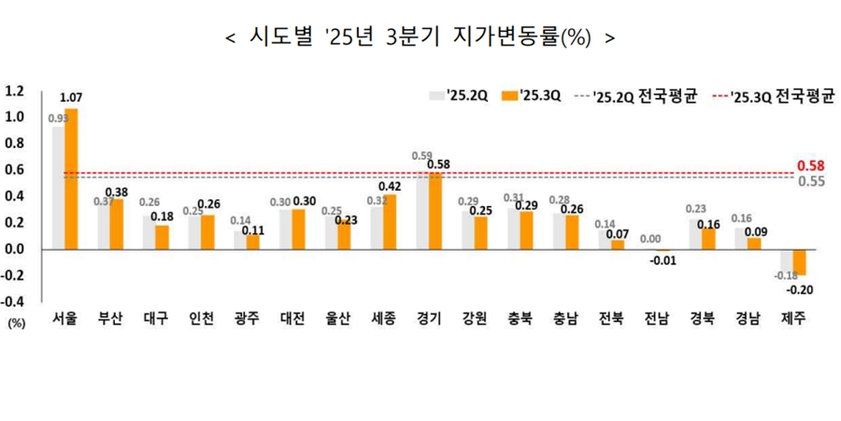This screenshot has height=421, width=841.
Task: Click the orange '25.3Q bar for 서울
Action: coord(71,179)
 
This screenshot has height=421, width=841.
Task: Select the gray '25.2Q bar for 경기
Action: coord(422,210)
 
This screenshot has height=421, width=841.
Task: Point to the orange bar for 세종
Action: coord(389,222)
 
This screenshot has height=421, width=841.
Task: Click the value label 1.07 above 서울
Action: coord(71,97)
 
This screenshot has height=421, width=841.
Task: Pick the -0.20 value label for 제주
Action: coord(802,290)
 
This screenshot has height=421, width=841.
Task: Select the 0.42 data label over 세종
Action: coord(390,185)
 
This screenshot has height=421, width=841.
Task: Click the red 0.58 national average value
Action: coord(810,167)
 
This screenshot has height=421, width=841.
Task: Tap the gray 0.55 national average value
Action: coord(810,181)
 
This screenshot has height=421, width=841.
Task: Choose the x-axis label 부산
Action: coord(111,318)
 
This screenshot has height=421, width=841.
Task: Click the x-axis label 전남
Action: coord(656,318)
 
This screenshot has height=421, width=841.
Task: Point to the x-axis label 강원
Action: coord(474,318)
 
